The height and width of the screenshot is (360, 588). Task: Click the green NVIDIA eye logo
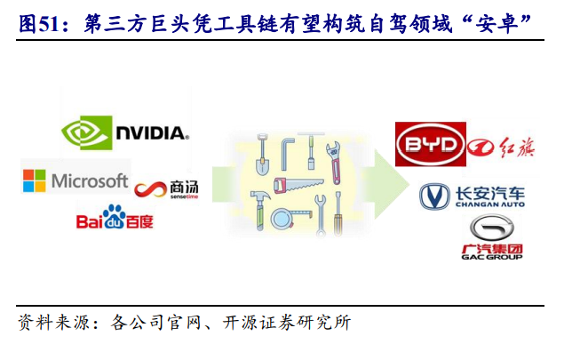click(87, 133)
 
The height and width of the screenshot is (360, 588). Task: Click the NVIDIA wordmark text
click(151, 134)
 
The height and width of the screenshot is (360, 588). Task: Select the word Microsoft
click(89, 180)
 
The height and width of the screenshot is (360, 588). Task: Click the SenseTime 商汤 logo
click(166, 188)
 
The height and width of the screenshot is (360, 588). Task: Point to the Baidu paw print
click(114, 215)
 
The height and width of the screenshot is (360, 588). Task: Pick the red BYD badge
click(430, 146)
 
